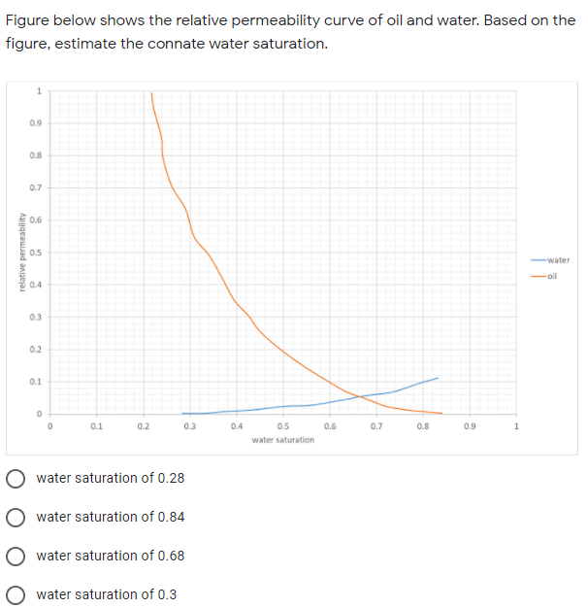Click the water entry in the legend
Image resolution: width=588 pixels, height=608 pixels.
(557, 260)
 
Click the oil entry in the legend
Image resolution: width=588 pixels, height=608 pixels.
(554, 277)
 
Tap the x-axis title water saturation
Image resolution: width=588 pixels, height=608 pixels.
(282, 440)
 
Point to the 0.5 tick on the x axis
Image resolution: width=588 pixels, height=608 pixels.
(283, 425)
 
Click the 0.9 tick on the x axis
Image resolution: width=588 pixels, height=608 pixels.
(470, 425)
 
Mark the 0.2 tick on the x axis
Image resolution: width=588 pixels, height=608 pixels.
(144, 425)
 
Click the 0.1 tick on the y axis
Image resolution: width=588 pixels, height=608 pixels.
(35, 381)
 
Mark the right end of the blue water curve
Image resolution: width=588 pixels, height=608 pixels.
(439, 377)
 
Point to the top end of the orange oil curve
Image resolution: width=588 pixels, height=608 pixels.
(151, 93)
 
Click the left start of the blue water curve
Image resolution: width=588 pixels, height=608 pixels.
(182, 413)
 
